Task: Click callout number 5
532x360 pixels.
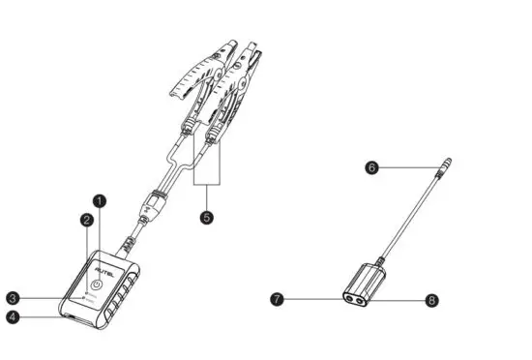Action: click(x=205, y=217)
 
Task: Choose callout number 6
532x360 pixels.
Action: click(x=371, y=166)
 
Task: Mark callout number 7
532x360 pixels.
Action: click(x=277, y=301)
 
